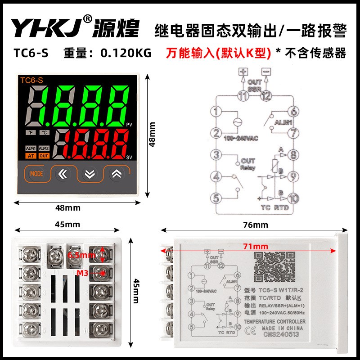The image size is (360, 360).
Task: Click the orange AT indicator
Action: [x=31, y=156]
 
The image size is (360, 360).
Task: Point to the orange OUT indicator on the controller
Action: [x=44, y=156]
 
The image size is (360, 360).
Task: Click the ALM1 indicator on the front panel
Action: [x=31, y=148]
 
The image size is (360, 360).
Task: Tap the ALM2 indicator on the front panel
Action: [x=44, y=148]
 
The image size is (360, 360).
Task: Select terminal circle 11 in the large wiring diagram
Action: [x=243, y=95]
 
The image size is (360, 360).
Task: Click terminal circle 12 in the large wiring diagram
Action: [x=266, y=95]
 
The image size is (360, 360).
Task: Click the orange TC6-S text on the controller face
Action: [x=32, y=80]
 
